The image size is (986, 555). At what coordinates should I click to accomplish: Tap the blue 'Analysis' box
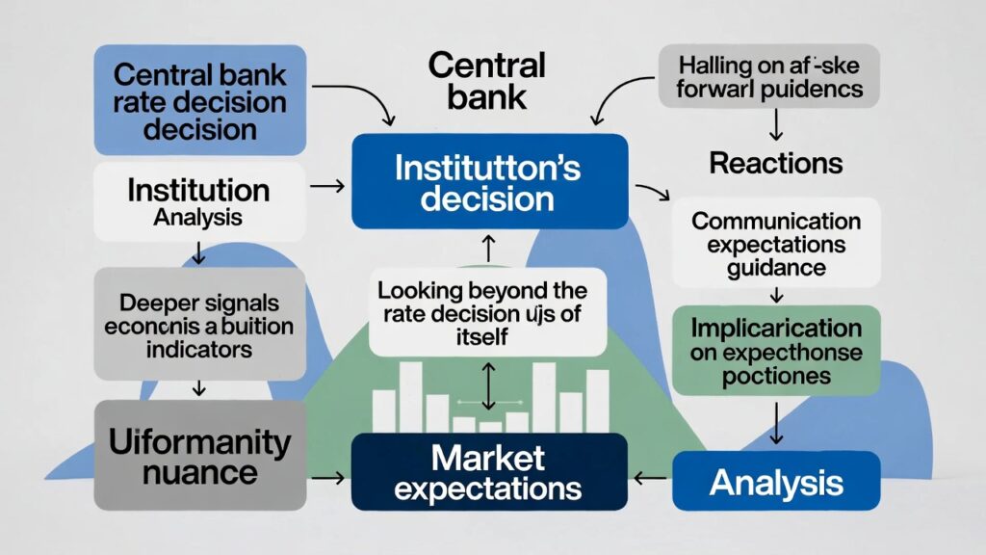tap(776, 481)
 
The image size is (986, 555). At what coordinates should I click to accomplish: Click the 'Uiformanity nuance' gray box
tap(199, 456)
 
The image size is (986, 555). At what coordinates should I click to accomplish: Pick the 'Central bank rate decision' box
tap(200, 101)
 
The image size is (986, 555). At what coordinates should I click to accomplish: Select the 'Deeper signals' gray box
tap(199, 322)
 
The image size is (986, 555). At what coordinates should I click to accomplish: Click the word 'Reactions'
tap(775, 163)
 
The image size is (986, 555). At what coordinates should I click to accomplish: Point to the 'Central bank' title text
tap(487, 81)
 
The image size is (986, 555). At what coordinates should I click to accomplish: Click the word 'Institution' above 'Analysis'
tap(199, 188)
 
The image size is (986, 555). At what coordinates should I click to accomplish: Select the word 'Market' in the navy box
tap(488, 456)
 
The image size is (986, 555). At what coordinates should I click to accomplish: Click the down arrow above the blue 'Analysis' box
tap(775, 423)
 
